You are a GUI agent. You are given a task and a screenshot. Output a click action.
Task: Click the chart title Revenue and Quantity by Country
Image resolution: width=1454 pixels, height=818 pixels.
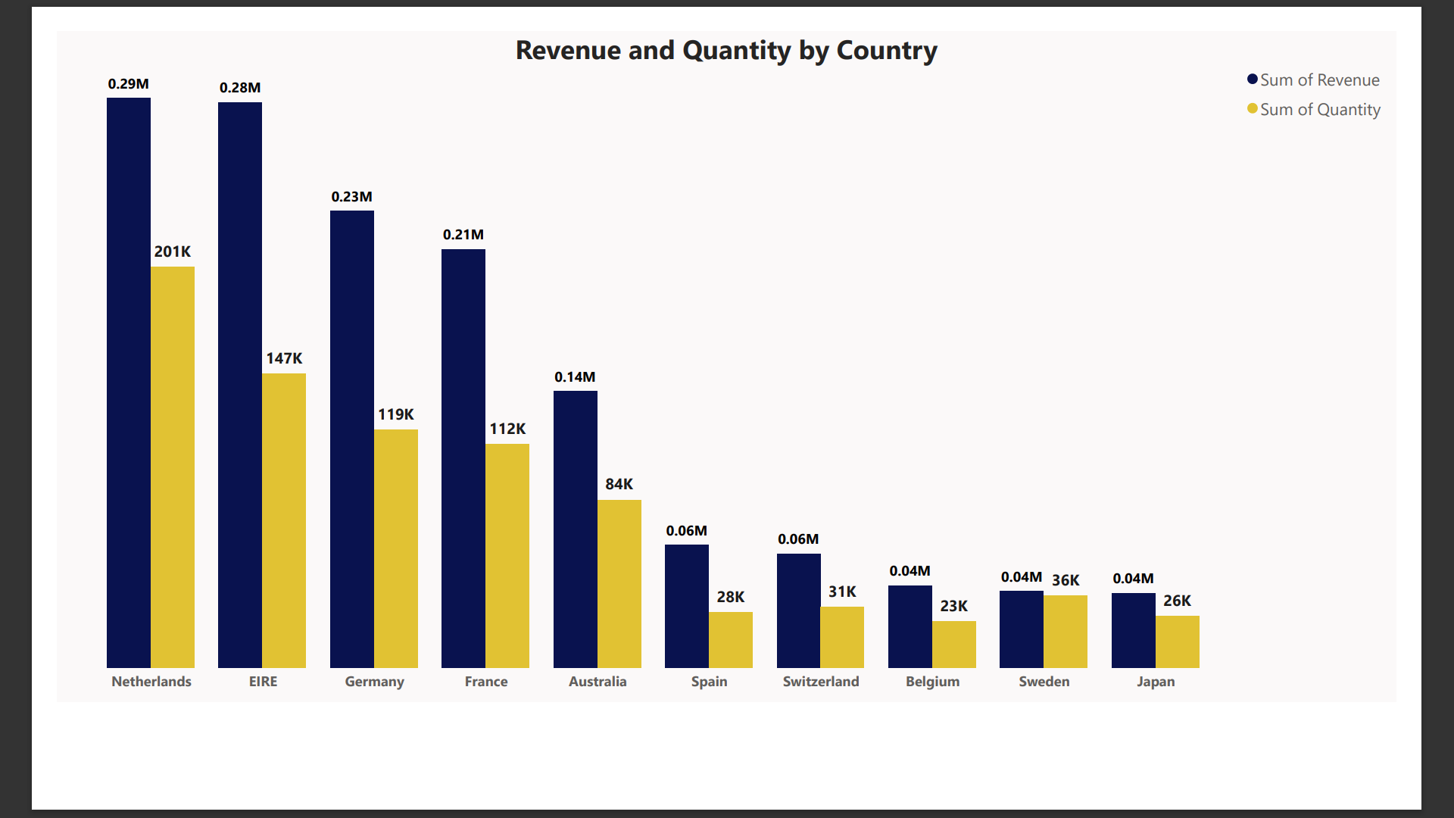pos(726,51)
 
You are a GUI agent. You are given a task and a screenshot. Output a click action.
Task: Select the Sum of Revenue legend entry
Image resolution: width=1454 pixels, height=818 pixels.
pos(1313,80)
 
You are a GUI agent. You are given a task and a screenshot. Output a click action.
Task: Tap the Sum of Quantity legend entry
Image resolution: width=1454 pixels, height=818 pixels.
pos(1314,109)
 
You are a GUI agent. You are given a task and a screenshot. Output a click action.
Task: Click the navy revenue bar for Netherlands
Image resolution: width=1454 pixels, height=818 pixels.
pos(129,382)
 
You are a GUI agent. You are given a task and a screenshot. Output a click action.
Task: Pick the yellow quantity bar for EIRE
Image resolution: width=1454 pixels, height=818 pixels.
pos(284,520)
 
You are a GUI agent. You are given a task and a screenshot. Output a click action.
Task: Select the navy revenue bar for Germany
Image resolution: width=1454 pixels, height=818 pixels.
pos(352,439)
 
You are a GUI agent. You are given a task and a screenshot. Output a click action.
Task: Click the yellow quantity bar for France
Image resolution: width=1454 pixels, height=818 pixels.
pos(507,555)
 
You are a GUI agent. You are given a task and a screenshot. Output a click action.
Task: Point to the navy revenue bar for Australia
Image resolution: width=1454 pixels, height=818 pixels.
pos(576,529)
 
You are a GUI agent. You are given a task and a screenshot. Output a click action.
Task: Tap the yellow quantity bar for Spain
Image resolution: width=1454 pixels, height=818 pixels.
pos(731,640)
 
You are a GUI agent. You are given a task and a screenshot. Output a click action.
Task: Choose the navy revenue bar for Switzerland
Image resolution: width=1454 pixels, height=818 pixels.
pos(799,610)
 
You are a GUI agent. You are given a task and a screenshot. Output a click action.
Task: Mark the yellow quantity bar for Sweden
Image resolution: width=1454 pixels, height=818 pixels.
pos(1066,632)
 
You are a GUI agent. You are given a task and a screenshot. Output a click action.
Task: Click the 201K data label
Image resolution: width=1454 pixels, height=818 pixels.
pos(173,251)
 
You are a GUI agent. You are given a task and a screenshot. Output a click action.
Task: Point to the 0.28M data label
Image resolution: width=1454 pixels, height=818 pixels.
pos(240,88)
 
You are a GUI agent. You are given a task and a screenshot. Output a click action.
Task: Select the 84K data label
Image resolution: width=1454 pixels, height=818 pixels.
pos(619,484)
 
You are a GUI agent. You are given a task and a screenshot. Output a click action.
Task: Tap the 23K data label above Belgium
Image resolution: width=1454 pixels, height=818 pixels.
pos(953,606)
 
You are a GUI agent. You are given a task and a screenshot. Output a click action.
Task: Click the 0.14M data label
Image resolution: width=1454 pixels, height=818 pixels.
pos(575,377)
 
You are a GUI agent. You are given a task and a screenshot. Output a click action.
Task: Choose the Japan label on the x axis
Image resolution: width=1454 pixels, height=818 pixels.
pos(1156,682)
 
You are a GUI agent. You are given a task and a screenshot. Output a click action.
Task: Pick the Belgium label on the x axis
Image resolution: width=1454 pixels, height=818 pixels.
pos(932,682)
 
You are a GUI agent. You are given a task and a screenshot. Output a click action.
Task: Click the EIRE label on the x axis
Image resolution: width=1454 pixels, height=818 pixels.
pos(263,682)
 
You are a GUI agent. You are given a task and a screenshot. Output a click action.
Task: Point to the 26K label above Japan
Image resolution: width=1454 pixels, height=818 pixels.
pos(1177,601)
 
